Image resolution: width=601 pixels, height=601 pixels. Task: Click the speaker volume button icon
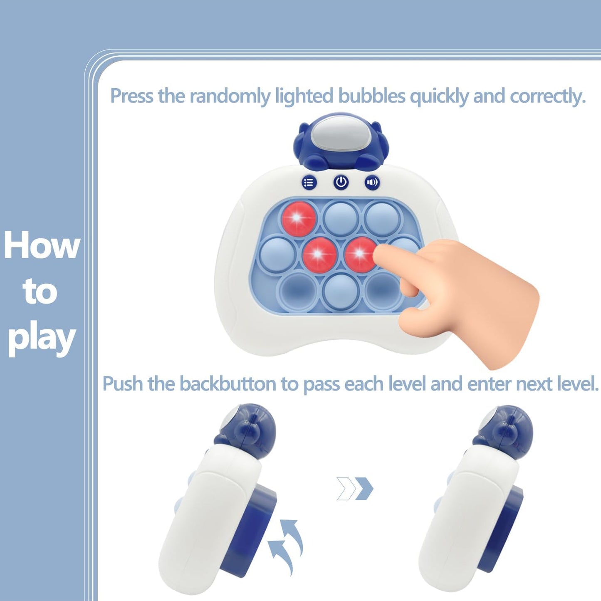[x=372, y=182]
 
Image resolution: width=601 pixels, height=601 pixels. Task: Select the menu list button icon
[x=309, y=182]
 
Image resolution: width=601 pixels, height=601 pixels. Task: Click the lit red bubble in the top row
[x=299, y=218]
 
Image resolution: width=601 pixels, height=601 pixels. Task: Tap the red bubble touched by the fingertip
[x=360, y=254]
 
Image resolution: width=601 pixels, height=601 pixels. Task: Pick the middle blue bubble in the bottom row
[x=341, y=292]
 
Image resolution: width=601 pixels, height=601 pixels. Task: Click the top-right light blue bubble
[x=382, y=218]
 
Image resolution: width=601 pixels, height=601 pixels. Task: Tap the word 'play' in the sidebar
[x=42, y=340]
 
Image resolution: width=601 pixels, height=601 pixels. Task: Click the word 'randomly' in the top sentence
[x=230, y=96]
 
